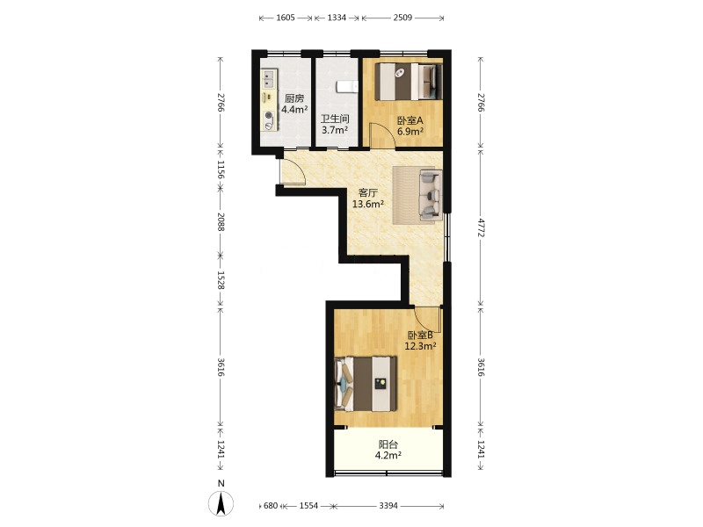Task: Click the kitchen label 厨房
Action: [294, 98]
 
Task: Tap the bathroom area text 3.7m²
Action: [336, 130]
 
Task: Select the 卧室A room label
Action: [410, 120]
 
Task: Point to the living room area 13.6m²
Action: [367, 205]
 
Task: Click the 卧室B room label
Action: [420, 335]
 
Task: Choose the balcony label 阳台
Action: [388, 444]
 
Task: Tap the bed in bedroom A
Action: [409, 82]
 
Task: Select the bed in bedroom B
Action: [366, 384]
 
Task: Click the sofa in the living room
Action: [431, 195]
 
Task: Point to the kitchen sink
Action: [269, 79]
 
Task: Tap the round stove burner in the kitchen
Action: [269, 116]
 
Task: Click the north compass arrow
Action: [221, 503]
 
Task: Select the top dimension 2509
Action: [402, 18]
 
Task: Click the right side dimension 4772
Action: [481, 227]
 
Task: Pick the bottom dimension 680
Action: [271, 506]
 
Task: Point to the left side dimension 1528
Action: [221, 279]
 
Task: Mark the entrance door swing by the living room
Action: [293, 172]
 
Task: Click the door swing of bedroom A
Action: [382, 135]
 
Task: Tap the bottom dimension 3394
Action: [388, 506]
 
